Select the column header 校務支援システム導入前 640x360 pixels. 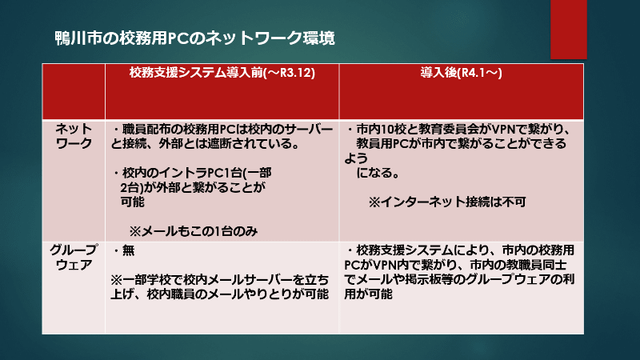tap(220, 72)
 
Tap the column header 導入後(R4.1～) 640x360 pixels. tap(462, 72)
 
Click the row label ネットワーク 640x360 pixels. tap(73, 135)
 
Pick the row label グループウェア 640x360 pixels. tap(73, 258)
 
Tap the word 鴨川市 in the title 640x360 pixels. tap(74, 37)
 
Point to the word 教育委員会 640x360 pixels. tap(488, 128)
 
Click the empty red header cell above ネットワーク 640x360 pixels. tap(73, 90)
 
